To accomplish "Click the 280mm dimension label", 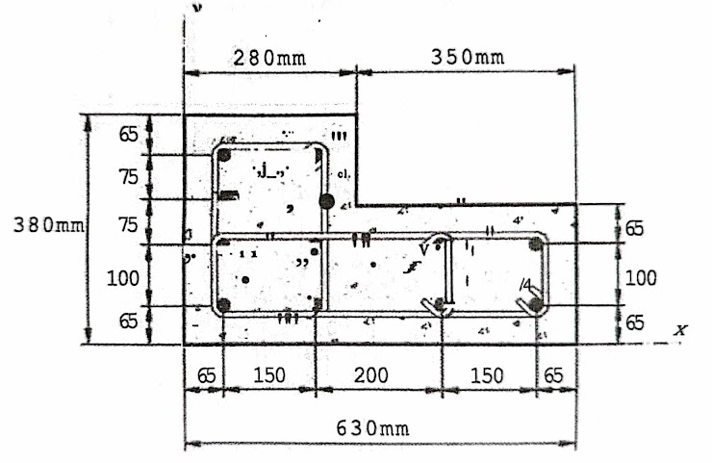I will click(269, 57).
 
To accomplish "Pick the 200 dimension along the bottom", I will click(371, 374).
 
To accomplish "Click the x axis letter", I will click(681, 330).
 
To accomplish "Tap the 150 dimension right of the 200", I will click(488, 374).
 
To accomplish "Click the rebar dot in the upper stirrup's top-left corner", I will click(224, 155).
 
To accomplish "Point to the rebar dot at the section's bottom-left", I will click(223, 305).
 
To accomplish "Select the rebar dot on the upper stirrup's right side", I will click(327, 201).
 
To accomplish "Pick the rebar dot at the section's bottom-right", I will click(536, 306).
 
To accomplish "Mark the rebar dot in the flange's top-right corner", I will click(536, 245).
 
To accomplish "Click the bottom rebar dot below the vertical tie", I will click(442, 305).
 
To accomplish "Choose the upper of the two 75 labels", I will click(128, 178).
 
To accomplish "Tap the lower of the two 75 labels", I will click(128, 225).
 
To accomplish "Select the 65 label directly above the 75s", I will click(128, 135).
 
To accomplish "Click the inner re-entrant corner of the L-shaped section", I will click(357, 204).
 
